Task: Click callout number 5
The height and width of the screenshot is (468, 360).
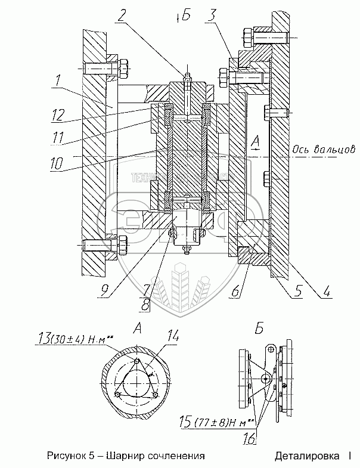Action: pyautogui.click(x=296, y=292)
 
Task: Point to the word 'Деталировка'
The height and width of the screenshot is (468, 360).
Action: pyautogui.click(x=303, y=456)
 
